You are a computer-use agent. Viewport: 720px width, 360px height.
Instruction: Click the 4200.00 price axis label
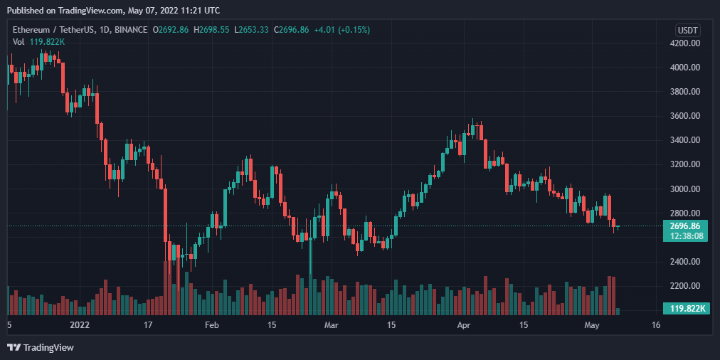point(684,43)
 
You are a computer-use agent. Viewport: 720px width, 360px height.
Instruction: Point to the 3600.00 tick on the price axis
point(684,116)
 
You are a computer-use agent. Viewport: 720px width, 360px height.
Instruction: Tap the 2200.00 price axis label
point(684,286)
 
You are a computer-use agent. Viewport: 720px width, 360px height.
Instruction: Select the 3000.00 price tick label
point(684,189)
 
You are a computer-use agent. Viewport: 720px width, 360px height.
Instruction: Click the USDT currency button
point(688,31)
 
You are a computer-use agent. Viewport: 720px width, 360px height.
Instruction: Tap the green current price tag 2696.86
point(685,226)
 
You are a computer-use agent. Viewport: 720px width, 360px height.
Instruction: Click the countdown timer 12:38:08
point(685,235)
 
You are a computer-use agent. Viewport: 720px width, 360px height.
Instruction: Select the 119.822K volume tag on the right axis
point(686,309)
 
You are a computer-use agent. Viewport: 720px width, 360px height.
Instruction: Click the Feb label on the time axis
point(212,326)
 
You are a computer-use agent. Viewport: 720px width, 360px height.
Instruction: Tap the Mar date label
point(331,326)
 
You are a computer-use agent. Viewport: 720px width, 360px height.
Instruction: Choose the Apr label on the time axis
point(464,326)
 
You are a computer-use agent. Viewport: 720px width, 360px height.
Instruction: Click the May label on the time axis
point(592,326)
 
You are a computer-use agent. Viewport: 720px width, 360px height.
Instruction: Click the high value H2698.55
point(211,30)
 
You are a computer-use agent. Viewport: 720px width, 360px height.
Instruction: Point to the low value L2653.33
point(252,30)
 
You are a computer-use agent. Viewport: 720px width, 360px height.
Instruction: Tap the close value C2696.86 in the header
point(292,30)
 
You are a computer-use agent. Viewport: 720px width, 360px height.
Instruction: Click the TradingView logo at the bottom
point(41,348)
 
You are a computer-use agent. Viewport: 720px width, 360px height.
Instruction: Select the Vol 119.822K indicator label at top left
point(38,42)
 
